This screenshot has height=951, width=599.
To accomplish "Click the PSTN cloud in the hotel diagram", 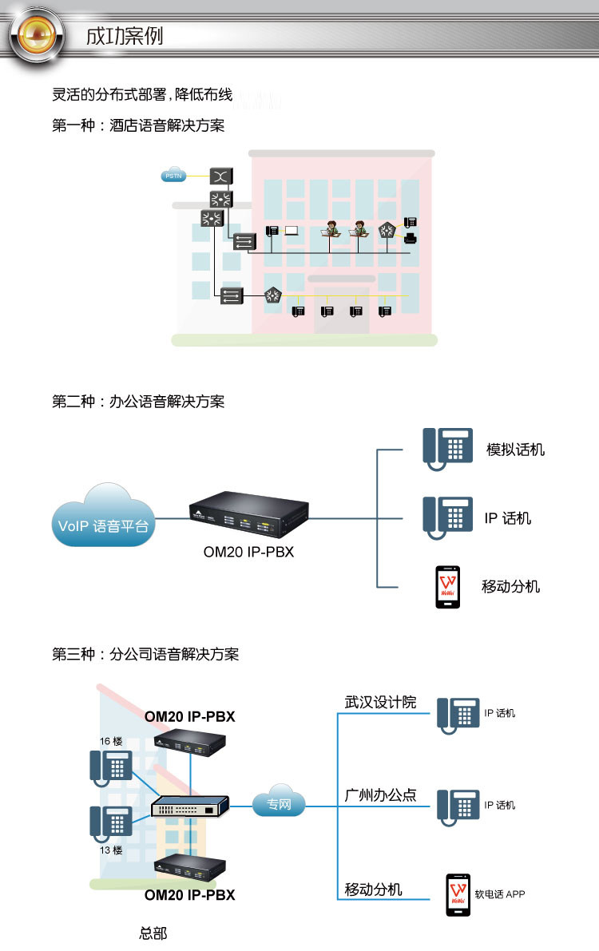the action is [x=173, y=176].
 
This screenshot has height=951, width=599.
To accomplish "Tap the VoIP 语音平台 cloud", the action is [x=103, y=517].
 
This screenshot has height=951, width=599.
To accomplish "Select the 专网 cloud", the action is [x=279, y=801].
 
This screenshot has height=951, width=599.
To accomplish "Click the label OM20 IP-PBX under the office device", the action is [x=248, y=552].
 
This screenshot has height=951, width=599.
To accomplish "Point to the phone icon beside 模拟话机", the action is [x=447, y=449].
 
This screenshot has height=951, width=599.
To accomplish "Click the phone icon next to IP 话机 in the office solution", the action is [x=447, y=518].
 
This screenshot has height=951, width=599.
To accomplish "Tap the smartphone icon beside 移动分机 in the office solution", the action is [x=448, y=587].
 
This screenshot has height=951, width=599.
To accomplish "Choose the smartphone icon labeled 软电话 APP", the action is [x=458, y=894].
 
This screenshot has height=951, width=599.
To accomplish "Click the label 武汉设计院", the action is [x=380, y=703].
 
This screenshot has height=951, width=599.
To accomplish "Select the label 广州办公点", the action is [x=380, y=795].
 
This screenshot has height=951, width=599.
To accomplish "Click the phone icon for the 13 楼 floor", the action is [x=111, y=823].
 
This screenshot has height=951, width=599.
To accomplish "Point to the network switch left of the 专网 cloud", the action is [x=190, y=806].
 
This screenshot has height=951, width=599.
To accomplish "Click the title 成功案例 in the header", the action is [x=125, y=36].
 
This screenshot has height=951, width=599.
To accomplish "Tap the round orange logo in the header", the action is [x=37, y=35].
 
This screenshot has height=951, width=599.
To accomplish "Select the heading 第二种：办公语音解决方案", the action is [x=138, y=402].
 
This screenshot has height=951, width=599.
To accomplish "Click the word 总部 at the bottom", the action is [x=153, y=933].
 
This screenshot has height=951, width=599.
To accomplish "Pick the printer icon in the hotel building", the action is [x=411, y=238].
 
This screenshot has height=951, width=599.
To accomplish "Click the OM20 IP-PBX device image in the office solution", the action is [x=249, y=514].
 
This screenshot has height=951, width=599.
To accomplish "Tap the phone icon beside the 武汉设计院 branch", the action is [x=458, y=715].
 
